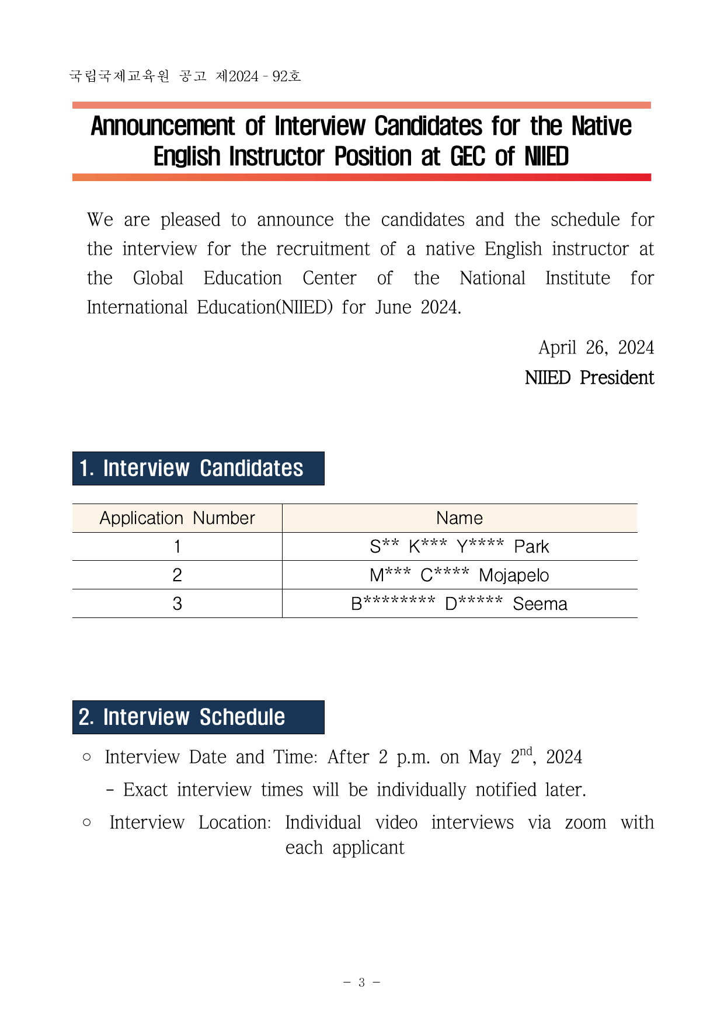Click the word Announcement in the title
click(163, 126)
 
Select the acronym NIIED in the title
click(546, 157)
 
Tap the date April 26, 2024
click(596, 348)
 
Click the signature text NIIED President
click(589, 378)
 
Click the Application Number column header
click(177, 518)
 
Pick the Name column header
click(460, 518)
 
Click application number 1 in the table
click(177, 547)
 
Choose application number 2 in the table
click(177, 575)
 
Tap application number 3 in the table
click(177, 604)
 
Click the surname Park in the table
click(531, 547)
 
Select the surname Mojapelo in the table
click(514, 575)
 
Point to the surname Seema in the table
click(540, 604)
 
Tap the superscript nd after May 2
click(526, 752)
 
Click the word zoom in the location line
click(585, 823)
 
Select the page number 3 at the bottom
click(361, 983)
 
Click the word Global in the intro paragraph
click(158, 278)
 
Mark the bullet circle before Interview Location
click(87, 822)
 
